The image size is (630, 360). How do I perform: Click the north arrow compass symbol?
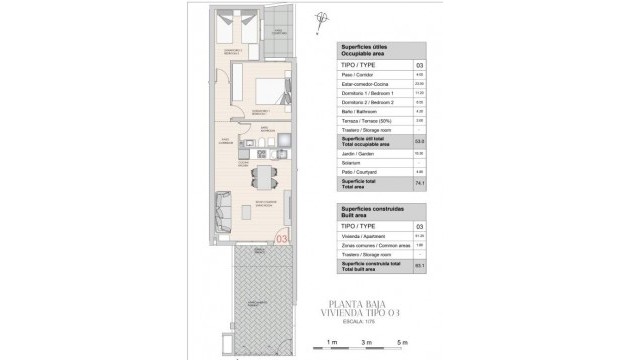pyautogui.click(x=321, y=16)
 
